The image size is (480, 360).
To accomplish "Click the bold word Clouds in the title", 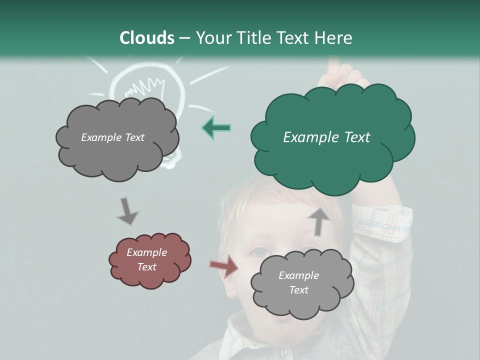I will [x=147, y=38].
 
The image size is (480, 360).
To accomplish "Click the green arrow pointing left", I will [x=216, y=127].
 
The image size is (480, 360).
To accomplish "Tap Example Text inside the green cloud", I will [x=326, y=137].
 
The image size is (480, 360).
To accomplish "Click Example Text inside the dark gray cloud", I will [x=112, y=137].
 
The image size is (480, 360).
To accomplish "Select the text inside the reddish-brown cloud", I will [x=146, y=259].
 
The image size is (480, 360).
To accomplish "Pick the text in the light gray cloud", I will [x=298, y=282].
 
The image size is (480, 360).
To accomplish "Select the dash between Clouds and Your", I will [x=184, y=38].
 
